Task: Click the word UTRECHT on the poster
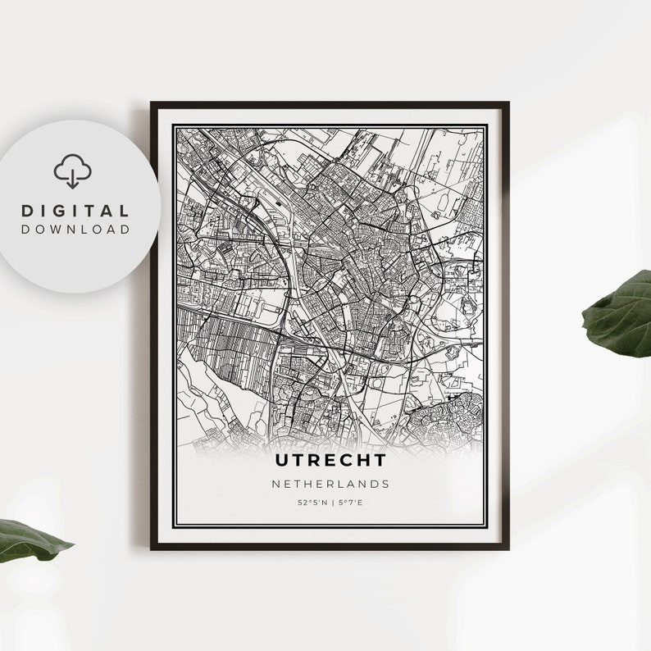point(330,462)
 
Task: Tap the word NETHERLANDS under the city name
point(330,485)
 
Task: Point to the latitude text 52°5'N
point(312,503)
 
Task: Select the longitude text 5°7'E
point(349,503)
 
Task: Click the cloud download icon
point(72,171)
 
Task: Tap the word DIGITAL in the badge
point(75,212)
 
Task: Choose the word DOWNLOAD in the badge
point(75,230)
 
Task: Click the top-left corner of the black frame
point(153,103)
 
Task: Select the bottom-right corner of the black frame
point(508,548)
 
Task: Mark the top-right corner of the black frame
point(508,103)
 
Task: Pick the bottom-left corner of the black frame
point(153,548)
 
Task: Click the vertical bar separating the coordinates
point(330,503)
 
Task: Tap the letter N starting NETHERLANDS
point(276,485)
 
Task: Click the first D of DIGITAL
point(27,212)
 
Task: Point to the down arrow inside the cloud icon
point(72,176)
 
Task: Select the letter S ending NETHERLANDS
point(385,485)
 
